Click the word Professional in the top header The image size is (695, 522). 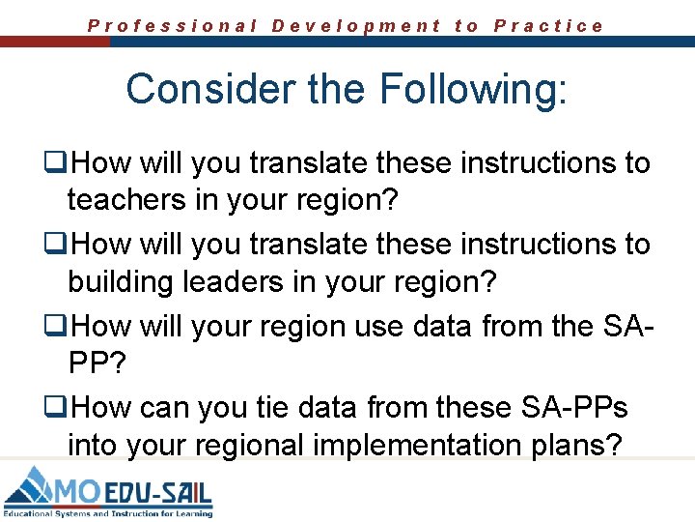[x=173, y=26]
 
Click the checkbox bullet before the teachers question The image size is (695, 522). [x=58, y=164]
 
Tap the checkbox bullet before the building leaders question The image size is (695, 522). [x=58, y=246]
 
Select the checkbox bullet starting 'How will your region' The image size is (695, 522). [x=58, y=328]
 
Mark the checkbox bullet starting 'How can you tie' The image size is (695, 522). [x=58, y=409]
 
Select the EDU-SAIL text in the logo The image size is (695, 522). [x=156, y=493]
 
